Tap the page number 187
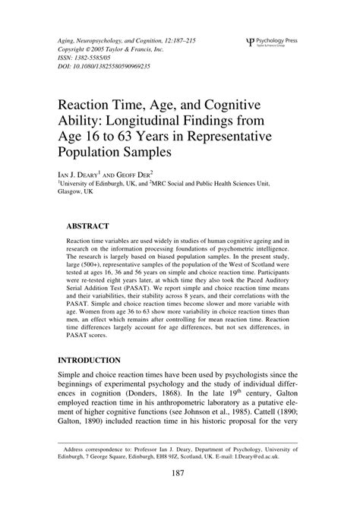(x=180, y=495)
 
